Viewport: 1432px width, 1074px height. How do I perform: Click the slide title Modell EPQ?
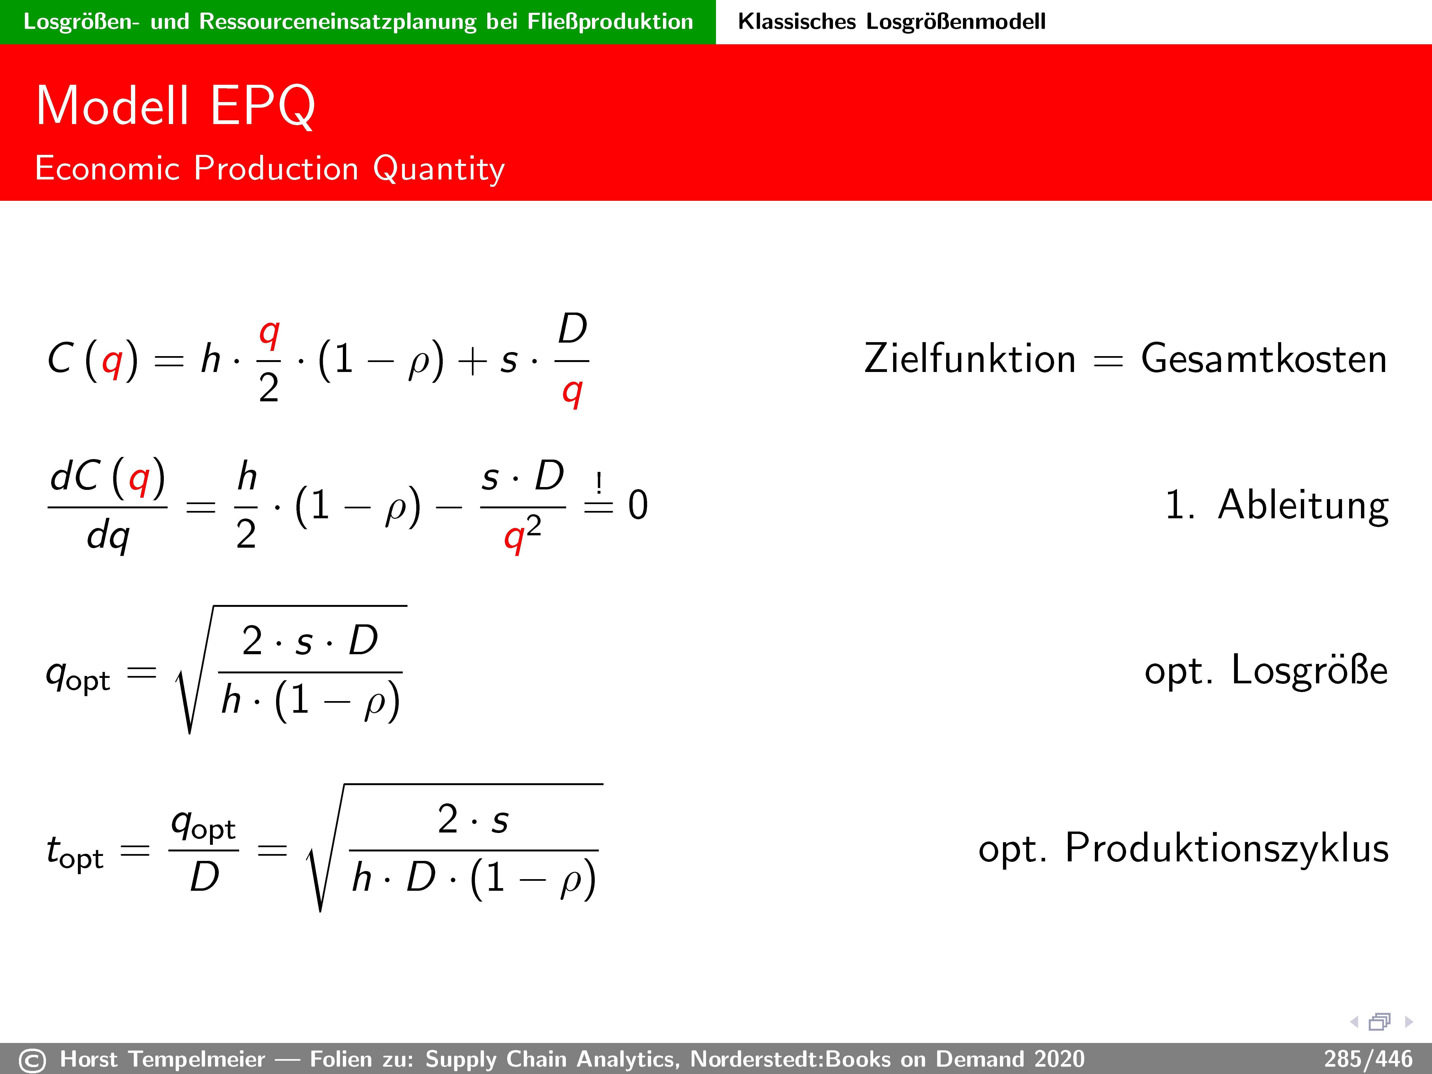[x=175, y=106]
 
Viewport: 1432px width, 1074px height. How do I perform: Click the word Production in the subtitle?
[x=276, y=168]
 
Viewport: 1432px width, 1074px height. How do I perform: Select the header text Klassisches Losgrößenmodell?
[x=891, y=21]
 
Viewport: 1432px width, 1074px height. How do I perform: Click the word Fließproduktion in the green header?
[x=610, y=21]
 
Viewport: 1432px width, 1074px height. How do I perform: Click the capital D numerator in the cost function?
[x=572, y=329]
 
